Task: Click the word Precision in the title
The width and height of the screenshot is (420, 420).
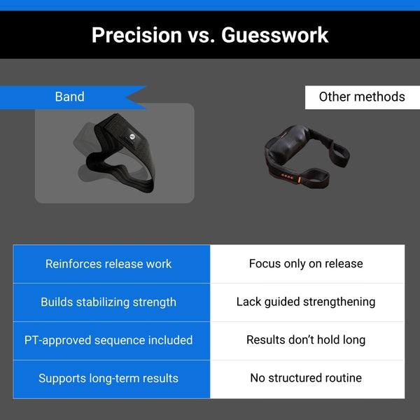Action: [137, 35]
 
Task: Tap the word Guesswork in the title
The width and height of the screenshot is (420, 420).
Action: [275, 35]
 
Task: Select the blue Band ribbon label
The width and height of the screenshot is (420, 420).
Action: [73, 97]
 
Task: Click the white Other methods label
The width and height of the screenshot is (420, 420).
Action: [363, 97]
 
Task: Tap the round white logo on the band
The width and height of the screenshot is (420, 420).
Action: [132, 136]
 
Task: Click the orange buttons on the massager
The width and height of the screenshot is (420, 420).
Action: [287, 176]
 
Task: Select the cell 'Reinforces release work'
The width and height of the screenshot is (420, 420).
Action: [111, 264]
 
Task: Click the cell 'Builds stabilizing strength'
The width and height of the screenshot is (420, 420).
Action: [111, 302]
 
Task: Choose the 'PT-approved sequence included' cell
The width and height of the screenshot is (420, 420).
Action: [111, 341]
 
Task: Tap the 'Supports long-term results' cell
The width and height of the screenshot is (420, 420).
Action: [111, 379]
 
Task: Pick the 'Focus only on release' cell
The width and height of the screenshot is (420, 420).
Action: [307, 264]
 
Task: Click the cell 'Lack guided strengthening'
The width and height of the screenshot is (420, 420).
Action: [307, 302]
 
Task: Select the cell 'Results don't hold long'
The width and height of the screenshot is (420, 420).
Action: [307, 341]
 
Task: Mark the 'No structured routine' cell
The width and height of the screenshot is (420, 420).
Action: [307, 379]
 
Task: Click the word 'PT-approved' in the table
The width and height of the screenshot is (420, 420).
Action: [57, 340]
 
